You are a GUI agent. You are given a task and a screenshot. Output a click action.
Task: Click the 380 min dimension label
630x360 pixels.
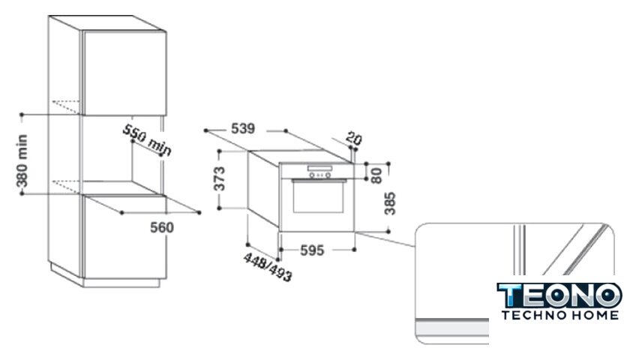click(x=22, y=161)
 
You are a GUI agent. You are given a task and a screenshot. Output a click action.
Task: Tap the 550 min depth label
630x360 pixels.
click(x=147, y=139)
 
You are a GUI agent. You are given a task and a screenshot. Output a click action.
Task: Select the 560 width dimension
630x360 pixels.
click(x=162, y=227)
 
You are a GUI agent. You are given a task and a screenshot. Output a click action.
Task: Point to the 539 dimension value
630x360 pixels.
click(x=243, y=128)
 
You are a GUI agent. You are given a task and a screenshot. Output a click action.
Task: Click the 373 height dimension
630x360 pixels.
click(x=220, y=178)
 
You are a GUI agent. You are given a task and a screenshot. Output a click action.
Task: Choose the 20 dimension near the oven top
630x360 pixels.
click(x=353, y=139)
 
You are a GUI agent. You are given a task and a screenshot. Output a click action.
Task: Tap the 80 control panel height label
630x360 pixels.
click(x=376, y=175)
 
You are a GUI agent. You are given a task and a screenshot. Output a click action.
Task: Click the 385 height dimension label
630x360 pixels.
click(x=390, y=204)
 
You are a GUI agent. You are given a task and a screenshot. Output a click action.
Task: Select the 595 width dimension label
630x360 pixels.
click(x=312, y=250)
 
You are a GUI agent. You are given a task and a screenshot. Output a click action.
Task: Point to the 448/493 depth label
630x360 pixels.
click(x=268, y=268)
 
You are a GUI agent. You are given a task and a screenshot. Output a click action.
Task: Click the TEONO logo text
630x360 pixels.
click(x=559, y=295)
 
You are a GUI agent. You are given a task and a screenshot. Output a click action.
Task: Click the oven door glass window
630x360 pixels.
click(x=318, y=196)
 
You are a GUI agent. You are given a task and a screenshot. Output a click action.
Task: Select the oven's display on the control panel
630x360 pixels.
click(x=319, y=168)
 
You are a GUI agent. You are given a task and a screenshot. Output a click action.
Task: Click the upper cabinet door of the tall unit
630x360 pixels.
click(x=124, y=73)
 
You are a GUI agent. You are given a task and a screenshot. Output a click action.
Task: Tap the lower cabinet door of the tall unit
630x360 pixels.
click(x=124, y=237)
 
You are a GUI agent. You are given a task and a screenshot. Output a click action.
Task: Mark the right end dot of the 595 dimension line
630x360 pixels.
click(x=354, y=250)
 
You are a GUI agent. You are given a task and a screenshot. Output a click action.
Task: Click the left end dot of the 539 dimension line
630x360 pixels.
click(x=205, y=130)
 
